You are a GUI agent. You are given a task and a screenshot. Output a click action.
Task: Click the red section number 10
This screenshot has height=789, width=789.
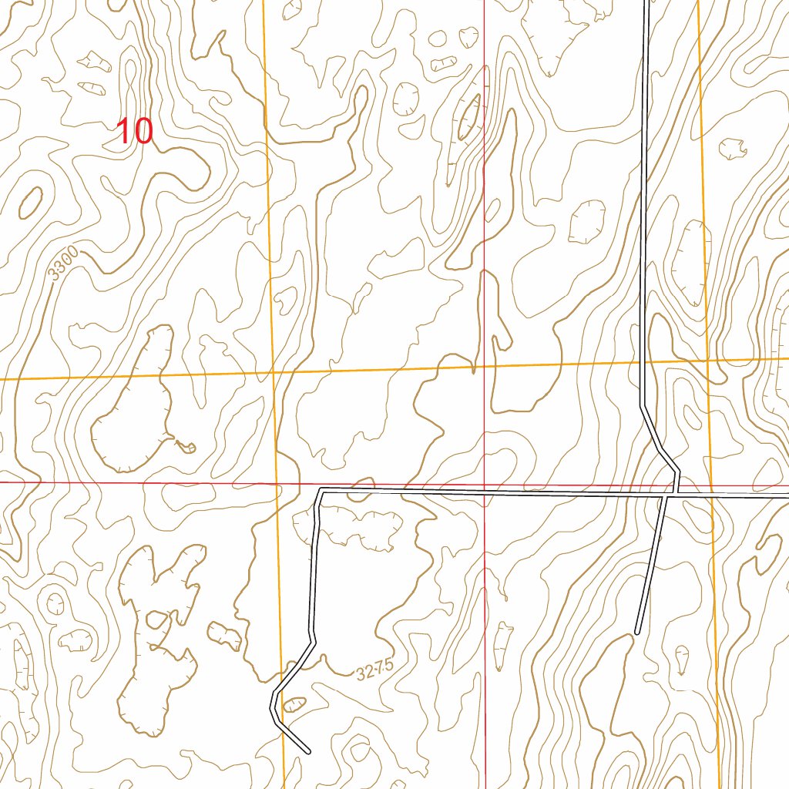point(134,132)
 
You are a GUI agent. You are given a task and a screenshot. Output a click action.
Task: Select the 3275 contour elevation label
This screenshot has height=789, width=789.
point(370,672)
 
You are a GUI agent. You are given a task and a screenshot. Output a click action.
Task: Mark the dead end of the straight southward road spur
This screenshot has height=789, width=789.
point(637,633)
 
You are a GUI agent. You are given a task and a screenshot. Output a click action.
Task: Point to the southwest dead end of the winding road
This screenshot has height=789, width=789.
point(308,751)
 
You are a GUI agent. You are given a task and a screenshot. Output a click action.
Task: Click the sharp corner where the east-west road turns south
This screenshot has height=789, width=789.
point(320,490)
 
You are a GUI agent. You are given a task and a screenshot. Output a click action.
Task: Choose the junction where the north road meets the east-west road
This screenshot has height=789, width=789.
point(677,493)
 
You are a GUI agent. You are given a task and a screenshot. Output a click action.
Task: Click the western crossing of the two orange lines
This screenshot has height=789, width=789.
point(273,373)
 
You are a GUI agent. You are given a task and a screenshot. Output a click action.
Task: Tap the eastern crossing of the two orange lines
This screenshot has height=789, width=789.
point(707,360)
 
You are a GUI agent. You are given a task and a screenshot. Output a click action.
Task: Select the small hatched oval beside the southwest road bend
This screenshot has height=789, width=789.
point(294,703)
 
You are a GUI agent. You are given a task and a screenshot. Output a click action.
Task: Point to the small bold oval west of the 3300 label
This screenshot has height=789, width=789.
point(30,202)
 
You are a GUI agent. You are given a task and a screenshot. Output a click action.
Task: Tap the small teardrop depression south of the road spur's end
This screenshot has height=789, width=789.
point(683,659)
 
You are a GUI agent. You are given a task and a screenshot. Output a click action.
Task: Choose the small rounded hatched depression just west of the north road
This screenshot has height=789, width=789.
point(587,222)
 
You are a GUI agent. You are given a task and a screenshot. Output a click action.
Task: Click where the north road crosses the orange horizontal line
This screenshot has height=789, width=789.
point(643,362)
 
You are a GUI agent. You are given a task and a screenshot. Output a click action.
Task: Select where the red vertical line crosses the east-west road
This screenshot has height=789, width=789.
point(484,492)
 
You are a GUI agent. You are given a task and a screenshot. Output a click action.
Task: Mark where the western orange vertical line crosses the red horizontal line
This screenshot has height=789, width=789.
point(277,483)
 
